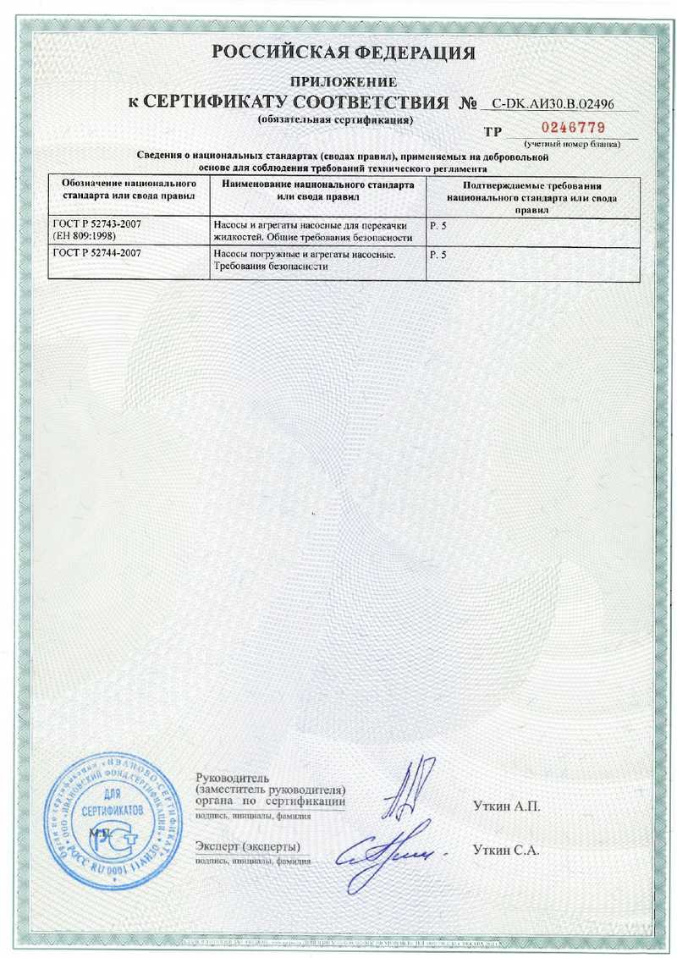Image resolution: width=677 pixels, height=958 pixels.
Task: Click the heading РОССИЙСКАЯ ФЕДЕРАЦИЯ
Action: coord(344,53)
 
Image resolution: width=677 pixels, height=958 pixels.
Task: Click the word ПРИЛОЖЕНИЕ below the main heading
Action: coord(344,82)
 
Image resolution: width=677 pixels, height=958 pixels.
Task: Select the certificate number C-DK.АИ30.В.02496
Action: coord(553,105)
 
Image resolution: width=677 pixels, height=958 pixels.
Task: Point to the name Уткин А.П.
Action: coord(506,806)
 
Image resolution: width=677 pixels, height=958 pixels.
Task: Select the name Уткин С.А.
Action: coord(506,850)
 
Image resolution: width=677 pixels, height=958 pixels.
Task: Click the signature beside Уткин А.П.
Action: coord(405,790)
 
